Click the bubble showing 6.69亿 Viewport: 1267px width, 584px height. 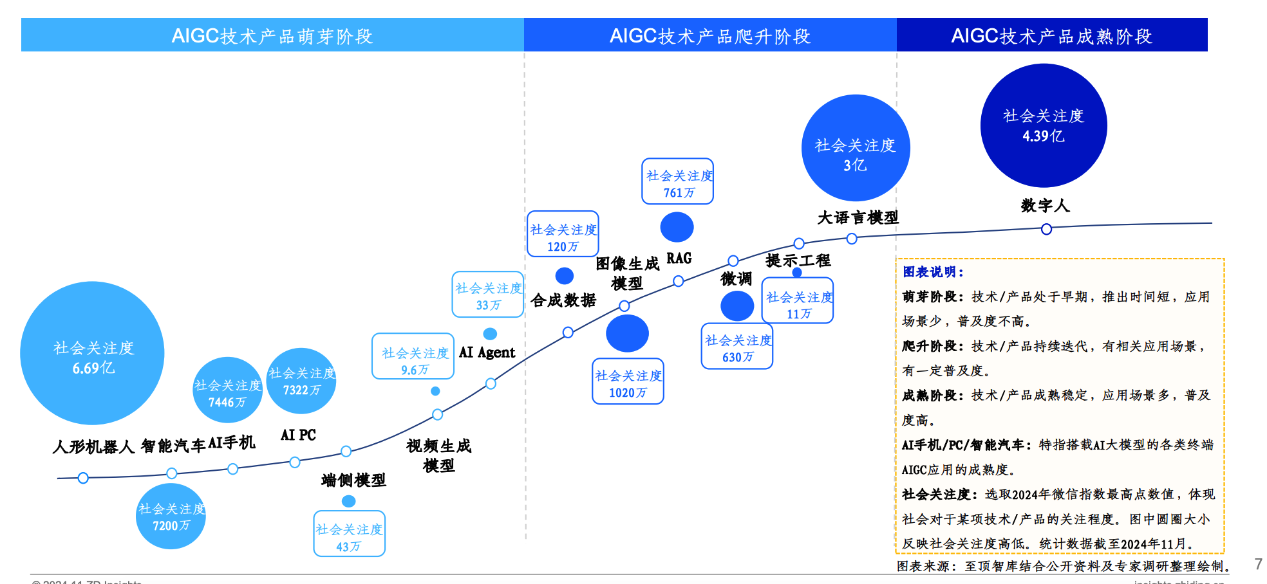point(92,353)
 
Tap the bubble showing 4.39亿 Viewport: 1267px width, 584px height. point(1043,125)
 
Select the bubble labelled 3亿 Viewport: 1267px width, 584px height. point(855,148)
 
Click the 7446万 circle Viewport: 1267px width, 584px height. point(227,390)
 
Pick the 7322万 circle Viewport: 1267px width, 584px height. point(301,381)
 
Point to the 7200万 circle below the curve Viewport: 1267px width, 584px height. point(171,516)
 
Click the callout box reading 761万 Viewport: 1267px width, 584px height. point(678,181)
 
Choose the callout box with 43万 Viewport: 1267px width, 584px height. point(349,534)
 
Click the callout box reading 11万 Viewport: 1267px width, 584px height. point(798,301)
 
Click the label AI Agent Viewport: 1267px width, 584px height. point(487,352)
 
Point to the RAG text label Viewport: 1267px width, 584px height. point(679,258)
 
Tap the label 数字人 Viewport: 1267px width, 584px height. point(1045,206)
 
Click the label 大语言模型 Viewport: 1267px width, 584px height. point(858,217)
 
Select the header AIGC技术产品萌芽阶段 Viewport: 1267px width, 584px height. point(272,35)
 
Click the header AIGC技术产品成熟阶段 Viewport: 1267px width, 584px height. point(1051,35)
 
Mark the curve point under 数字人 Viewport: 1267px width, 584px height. point(1046,229)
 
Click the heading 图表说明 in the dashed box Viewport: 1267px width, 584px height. point(933,272)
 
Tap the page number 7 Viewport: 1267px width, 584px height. point(1258,564)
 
